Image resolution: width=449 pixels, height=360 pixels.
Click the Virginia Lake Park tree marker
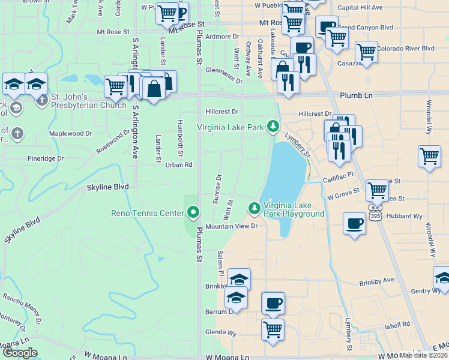(x=274, y=126)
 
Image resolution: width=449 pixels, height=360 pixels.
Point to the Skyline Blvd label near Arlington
(x=109, y=187)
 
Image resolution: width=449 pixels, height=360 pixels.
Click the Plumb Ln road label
(x=355, y=95)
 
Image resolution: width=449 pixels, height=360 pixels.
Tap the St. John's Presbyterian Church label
(x=88, y=101)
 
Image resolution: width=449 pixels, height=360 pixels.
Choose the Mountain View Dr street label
(x=231, y=226)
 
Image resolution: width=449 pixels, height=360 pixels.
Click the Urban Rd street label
(x=179, y=164)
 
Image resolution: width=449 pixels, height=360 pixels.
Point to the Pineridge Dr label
(x=46, y=158)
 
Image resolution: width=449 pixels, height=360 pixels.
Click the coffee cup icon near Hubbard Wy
(x=354, y=224)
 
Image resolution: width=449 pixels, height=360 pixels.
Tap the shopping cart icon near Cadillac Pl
(x=376, y=190)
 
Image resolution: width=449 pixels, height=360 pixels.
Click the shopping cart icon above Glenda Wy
(x=273, y=328)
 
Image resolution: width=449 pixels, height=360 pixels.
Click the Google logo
(x=20, y=352)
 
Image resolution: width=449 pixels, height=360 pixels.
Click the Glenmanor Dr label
(x=223, y=74)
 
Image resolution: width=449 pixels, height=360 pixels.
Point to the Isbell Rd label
(x=397, y=327)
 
